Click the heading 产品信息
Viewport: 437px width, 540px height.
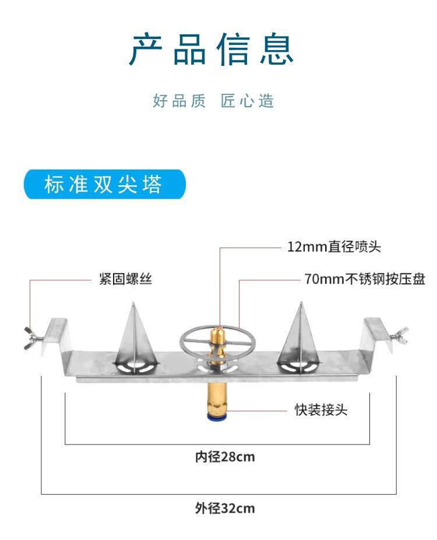[x=213, y=51]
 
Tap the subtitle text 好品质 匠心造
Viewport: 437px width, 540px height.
[x=213, y=101]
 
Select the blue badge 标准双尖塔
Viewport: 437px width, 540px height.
[x=104, y=185]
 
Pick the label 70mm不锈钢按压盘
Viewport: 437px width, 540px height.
[x=364, y=280]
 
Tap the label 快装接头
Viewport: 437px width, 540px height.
[x=320, y=410]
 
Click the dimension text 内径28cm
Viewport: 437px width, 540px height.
[x=225, y=457]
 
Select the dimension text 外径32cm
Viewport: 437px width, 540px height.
[x=225, y=508]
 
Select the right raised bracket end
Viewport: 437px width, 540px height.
[x=376, y=333]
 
